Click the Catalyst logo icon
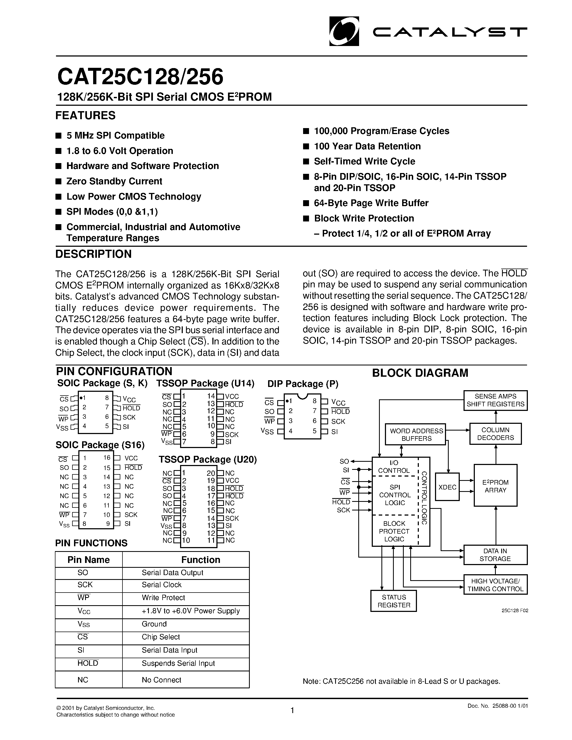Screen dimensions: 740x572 click(x=344, y=31)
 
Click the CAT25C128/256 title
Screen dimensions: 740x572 click(x=140, y=77)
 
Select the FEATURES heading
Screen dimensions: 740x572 click(x=85, y=115)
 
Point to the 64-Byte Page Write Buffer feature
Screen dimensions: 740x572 click(x=371, y=203)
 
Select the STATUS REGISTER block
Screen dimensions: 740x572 click(x=394, y=601)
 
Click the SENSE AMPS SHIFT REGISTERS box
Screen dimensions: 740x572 click(x=495, y=400)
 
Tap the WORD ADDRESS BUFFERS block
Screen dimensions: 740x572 click(x=416, y=434)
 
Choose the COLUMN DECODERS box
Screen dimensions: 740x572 click(x=495, y=434)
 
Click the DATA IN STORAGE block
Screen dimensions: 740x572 click(x=495, y=555)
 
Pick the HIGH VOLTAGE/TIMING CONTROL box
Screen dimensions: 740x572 click(x=495, y=585)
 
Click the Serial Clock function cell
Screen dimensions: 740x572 click(x=162, y=585)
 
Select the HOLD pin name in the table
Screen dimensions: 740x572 click(x=88, y=663)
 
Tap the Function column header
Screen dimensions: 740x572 click(x=201, y=560)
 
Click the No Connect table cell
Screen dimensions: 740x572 click(x=161, y=680)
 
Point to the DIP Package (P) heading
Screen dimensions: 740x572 click(x=303, y=384)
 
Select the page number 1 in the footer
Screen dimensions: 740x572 click(x=292, y=710)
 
